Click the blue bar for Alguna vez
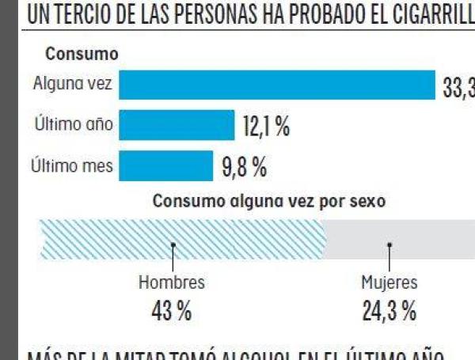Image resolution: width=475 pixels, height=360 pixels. [277, 85]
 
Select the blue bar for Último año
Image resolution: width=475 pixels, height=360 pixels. [177, 125]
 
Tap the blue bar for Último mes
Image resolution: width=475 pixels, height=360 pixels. [165, 166]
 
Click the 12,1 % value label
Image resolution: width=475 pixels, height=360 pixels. [265, 126]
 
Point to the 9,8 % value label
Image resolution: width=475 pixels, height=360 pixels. [243, 167]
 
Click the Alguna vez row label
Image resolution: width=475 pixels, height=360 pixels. [73, 84]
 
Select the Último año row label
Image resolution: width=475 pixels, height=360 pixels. [74, 124]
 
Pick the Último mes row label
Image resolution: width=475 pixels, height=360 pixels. [72, 166]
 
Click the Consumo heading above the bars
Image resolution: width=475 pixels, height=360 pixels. [82, 54]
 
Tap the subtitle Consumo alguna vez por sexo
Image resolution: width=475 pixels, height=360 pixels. [268, 201]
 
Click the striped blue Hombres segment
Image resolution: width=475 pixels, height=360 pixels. [182, 239]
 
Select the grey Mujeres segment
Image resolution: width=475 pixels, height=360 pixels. [400, 239]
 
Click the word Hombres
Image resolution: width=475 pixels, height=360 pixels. [172, 282]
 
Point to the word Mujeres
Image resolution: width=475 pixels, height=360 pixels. [389, 282]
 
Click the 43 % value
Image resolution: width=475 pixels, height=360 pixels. [172, 311]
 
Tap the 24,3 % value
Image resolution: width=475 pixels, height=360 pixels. [389, 311]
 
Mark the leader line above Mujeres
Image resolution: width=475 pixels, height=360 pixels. [389, 256]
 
